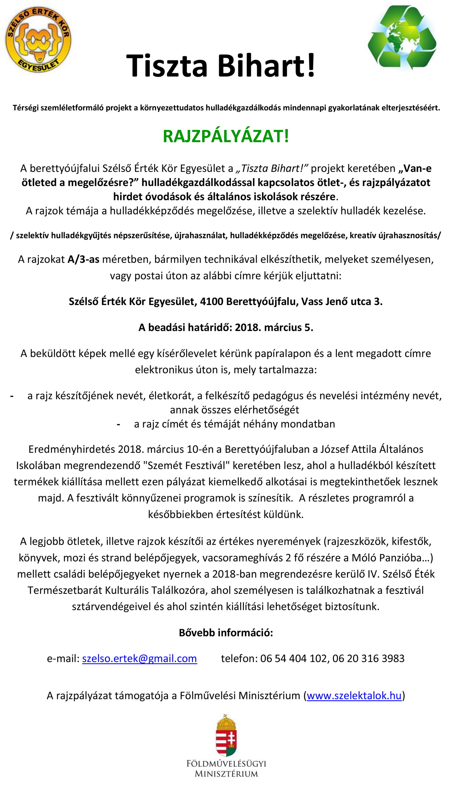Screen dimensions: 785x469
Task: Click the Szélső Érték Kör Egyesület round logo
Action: (x=38, y=39)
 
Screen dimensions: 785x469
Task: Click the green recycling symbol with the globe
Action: (x=402, y=37)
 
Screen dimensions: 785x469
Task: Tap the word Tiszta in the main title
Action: (x=167, y=66)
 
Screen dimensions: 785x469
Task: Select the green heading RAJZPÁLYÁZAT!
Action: (x=226, y=137)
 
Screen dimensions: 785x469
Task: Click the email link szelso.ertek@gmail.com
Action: (x=139, y=658)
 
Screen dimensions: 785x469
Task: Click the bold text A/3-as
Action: (x=83, y=260)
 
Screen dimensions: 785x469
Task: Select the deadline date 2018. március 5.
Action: (x=274, y=328)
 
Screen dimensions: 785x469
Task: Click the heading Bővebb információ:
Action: (x=226, y=633)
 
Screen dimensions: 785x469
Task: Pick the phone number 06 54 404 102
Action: (x=293, y=658)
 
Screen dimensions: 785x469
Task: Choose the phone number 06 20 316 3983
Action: (x=368, y=658)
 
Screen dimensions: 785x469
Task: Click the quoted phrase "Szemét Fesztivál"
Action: (x=186, y=465)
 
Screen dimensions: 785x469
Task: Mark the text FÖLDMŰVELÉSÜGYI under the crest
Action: (x=226, y=764)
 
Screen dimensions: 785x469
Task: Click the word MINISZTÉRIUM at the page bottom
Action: (x=226, y=774)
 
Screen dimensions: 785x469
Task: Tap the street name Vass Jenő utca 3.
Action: (x=342, y=302)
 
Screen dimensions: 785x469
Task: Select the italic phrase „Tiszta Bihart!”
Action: (x=272, y=169)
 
